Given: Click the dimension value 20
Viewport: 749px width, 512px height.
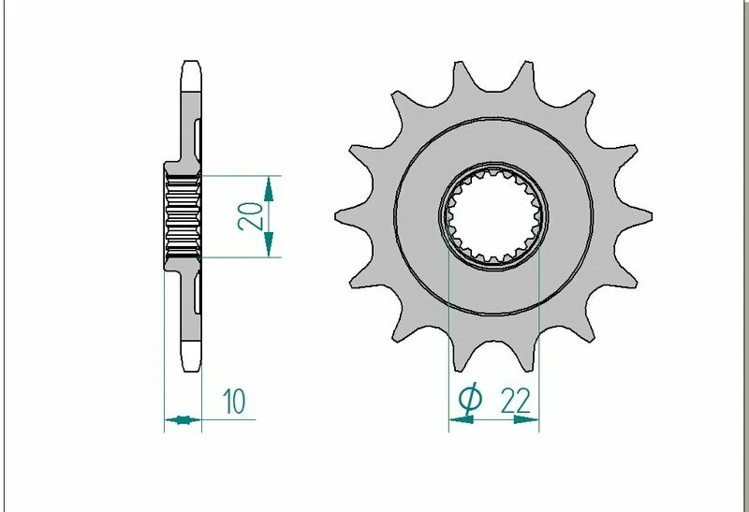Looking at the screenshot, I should [249, 215].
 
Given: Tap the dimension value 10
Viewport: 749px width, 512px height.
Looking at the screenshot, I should [234, 402].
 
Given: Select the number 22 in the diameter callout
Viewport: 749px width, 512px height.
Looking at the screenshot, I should [516, 401].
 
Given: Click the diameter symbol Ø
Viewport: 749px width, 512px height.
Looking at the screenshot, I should [471, 401].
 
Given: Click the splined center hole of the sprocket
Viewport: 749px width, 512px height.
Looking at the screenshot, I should [493, 215].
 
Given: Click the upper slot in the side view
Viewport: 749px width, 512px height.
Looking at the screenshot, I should [197, 135].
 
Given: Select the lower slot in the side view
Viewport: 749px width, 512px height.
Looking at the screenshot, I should [197, 295].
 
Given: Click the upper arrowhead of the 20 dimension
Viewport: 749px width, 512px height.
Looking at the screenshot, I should [270, 188].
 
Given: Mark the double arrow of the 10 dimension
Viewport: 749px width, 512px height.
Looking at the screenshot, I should [183, 419].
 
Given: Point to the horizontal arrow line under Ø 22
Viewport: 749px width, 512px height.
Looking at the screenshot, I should [493, 420].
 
